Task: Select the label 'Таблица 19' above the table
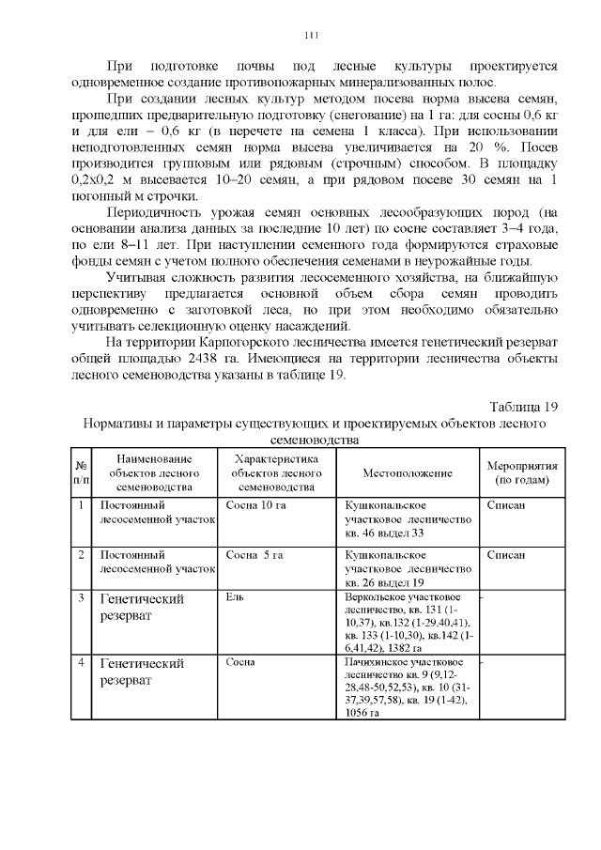pos(524,407)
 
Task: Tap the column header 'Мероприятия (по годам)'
pos(522,472)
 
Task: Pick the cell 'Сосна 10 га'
pos(255,505)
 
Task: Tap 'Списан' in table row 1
pos(506,505)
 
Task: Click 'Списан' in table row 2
pos(506,555)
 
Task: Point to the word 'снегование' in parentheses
pos(315,116)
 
